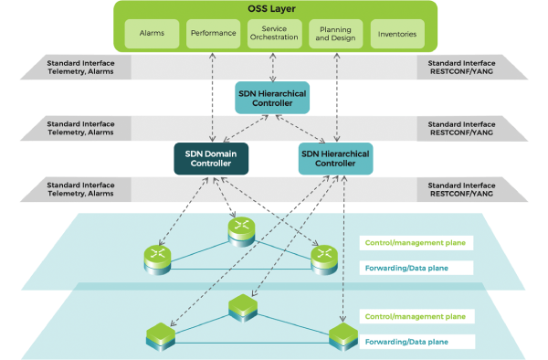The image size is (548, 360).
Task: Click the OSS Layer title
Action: [x=274, y=10]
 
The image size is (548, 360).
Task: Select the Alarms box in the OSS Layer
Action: [x=151, y=36]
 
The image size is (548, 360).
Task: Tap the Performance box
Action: [x=212, y=36]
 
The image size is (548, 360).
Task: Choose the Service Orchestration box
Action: [x=273, y=35]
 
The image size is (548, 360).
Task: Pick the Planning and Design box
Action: [x=333, y=35]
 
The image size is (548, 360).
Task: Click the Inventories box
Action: [x=396, y=36]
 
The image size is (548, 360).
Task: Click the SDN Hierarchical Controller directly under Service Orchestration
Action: [x=271, y=98]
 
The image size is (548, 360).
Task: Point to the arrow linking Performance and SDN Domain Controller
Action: [x=212, y=96]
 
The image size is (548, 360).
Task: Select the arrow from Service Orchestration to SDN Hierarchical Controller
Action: [x=272, y=66]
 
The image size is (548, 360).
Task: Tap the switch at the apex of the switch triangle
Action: [x=241, y=306]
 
